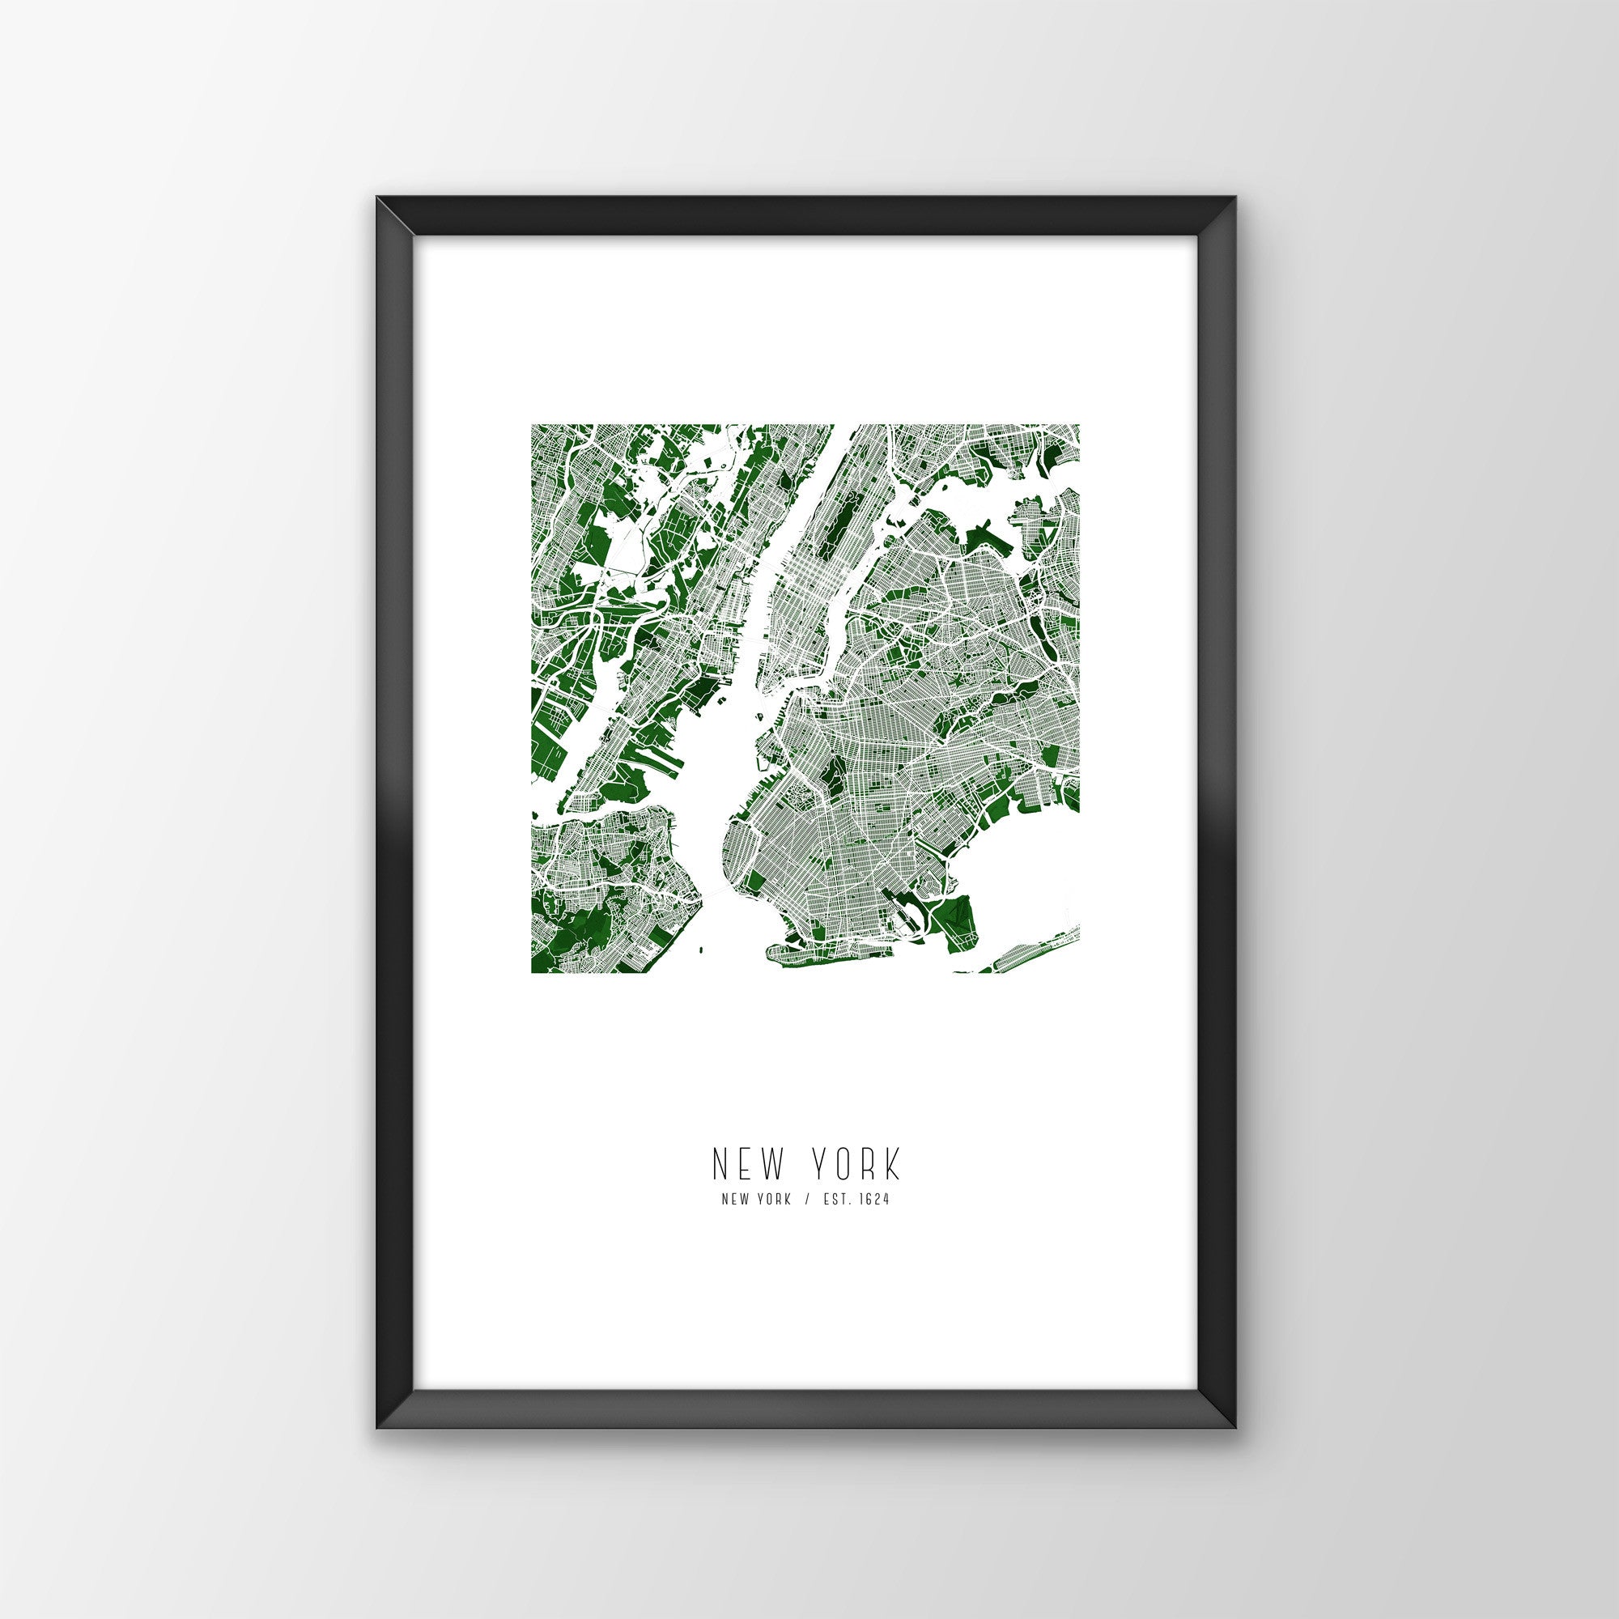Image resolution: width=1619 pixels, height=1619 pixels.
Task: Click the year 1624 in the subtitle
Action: point(874,1199)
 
